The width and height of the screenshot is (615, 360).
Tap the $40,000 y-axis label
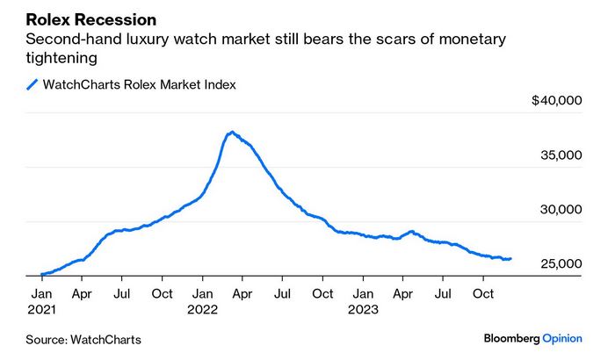(x=557, y=102)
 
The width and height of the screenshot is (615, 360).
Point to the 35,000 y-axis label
(x=561, y=155)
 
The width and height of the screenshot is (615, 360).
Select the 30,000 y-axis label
(x=561, y=210)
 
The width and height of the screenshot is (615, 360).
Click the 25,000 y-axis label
(x=561, y=264)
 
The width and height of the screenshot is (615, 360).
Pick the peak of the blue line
(x=231, y=133)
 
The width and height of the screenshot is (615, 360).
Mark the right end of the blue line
(x=510, y=258)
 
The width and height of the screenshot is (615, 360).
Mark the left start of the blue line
(x=41, y=275)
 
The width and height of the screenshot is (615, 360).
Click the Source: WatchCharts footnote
(x=83, y=339)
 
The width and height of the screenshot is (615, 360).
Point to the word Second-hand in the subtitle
(x=67, y=40)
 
